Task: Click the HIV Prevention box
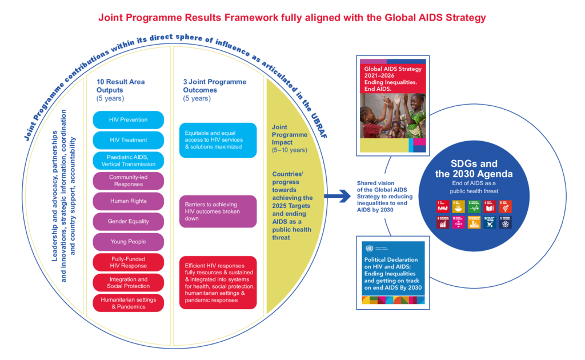click(x=128, y=120)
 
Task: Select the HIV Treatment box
click(x=128, y=140)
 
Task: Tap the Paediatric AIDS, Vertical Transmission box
click(x=128, y=161)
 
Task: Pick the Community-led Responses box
click(x=128, y=181)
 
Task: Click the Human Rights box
click(x=128, y=201)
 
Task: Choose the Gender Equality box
click(x=128, y=222)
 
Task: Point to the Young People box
click(x=128, y=242)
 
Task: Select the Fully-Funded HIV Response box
click(x=128, y=262)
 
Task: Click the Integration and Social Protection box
click(x=128, y=283)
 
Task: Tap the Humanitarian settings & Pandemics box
click(x=128, y=303)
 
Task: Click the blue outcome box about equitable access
click(x=218, y=140)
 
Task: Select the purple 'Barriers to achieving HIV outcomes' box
click(x=218, y=211)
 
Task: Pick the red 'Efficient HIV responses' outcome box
click(x=218, y=282)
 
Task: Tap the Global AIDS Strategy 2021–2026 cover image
click(x=392, y=106)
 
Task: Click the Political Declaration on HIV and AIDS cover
click(x=392, y=271)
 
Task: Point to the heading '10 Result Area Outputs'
click(x=121, y=86)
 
